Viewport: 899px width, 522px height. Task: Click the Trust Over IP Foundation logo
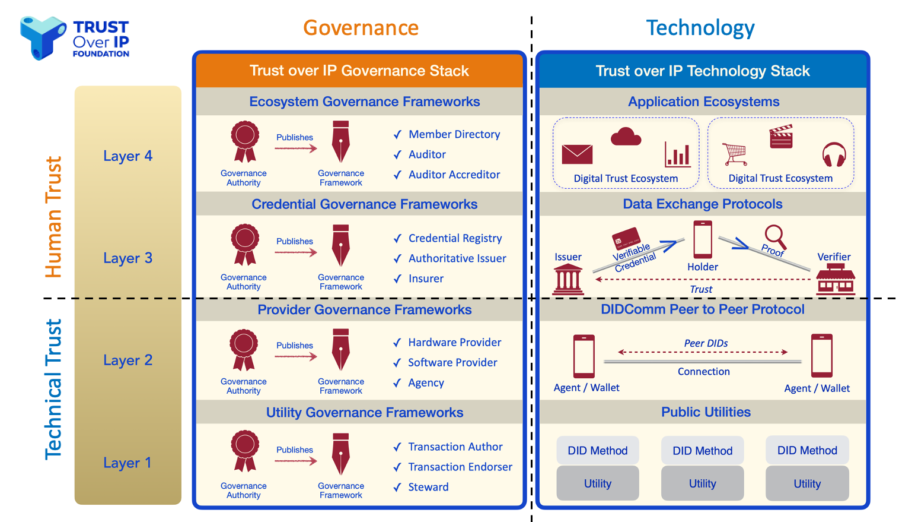(75, 38)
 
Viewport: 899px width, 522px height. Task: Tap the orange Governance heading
(361, 28)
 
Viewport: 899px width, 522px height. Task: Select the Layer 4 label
(127, 156)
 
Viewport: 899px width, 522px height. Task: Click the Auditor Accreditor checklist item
(454, 175)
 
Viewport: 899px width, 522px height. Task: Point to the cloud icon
(626, 137)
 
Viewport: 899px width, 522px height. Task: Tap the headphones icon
(834, 154)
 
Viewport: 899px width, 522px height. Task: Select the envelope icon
(577, 154)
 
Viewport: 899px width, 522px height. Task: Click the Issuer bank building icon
(568, 280)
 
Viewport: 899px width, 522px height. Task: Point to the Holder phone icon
(703, 239)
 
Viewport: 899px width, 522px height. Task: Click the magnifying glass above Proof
(775, 236)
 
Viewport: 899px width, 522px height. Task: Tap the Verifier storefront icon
(836, 280)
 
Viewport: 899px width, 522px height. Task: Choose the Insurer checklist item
(426, 279)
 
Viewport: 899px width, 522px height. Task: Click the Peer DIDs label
(706, 343)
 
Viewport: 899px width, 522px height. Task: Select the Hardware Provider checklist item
(454, 343)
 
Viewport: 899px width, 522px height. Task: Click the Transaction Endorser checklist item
(460, 467)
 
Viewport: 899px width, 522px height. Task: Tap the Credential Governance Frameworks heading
(364, 204)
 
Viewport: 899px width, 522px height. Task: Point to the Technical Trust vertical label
(53, 390)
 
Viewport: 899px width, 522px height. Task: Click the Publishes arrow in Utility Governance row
(296, 461)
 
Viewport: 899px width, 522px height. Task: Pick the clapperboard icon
(781, 137)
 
